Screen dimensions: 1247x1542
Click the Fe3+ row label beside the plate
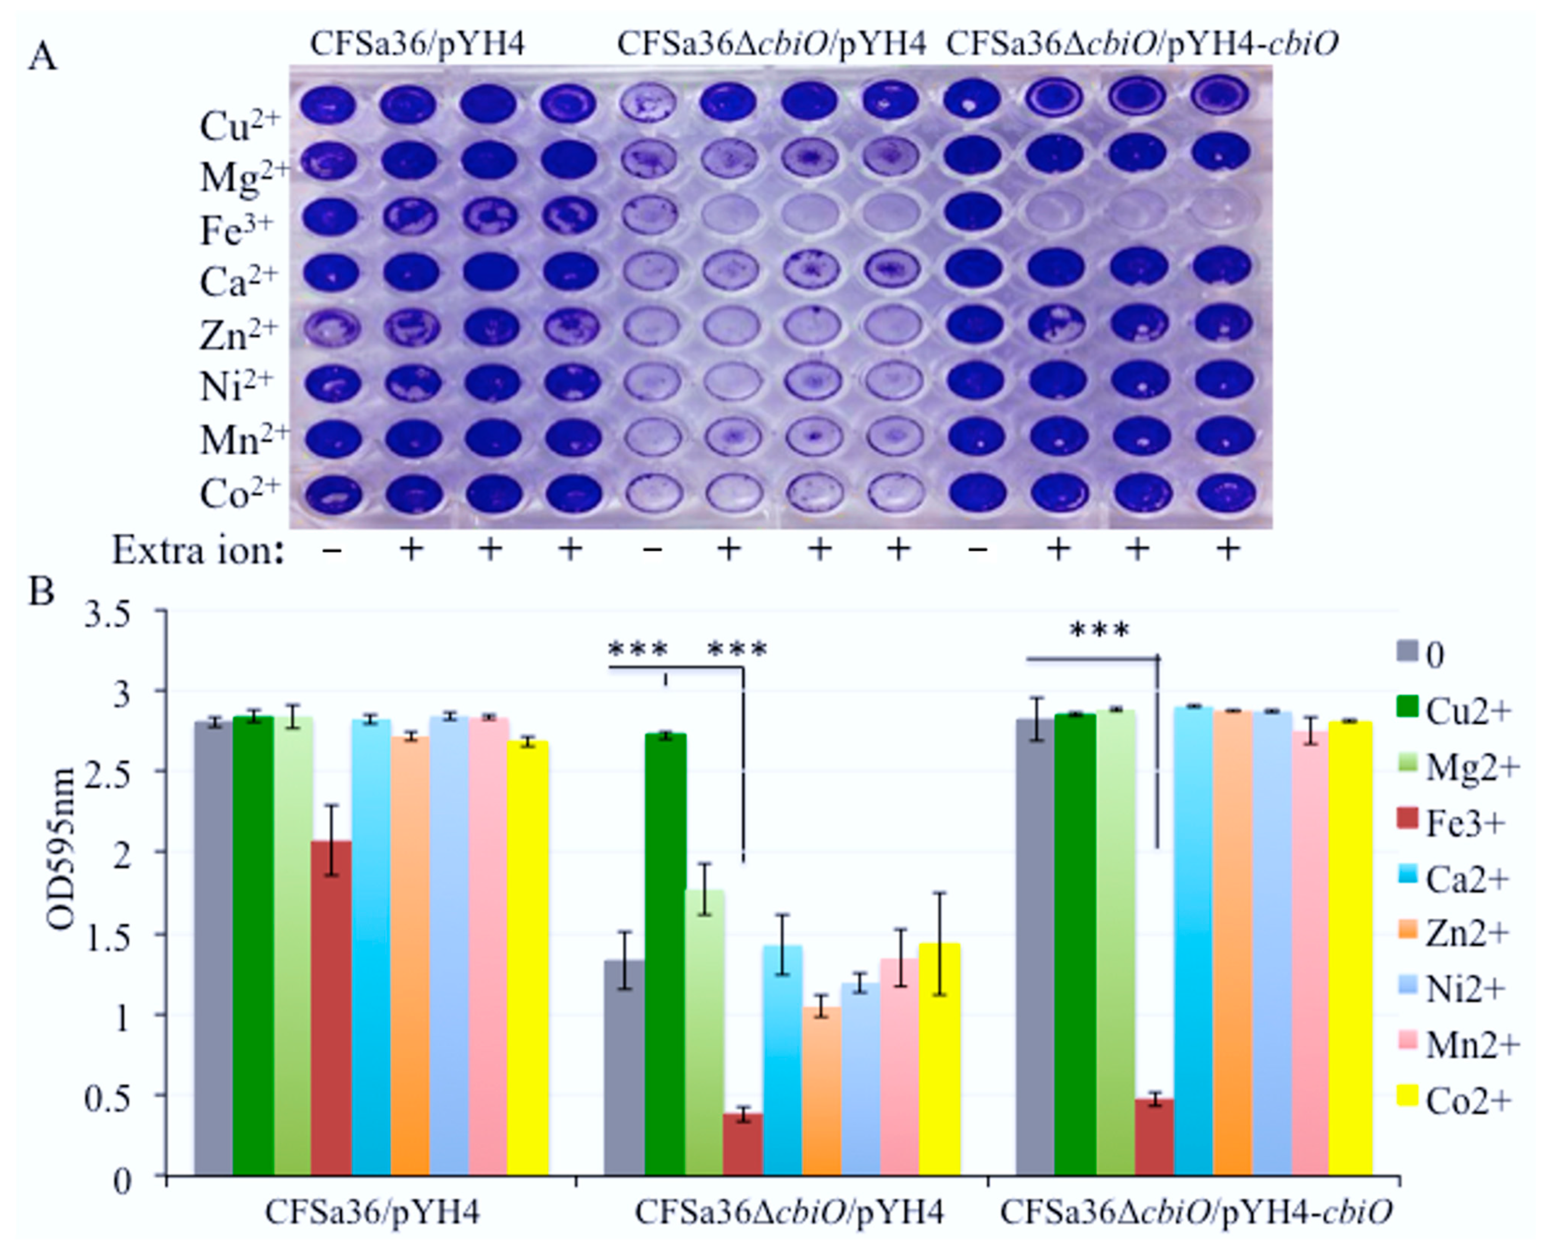pyautogui.click(x=236, y=231)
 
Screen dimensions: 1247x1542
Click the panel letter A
pyautogui.click(x=43, y=56)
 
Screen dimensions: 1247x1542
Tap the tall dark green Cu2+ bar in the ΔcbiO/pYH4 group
pyautogui.click(x=665, y=955)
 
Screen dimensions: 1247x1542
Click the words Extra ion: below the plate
pyautogui.click(x=198, y=552)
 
